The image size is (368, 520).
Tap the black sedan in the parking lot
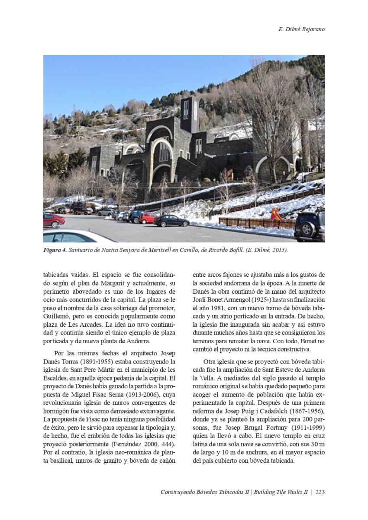(171, 221)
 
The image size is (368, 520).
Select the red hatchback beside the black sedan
(147, 218)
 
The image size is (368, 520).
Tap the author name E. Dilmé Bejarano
(301, 29)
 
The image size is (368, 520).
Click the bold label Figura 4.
(55, 250)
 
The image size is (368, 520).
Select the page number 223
(320, 492)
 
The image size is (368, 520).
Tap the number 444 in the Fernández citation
(168, 443)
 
